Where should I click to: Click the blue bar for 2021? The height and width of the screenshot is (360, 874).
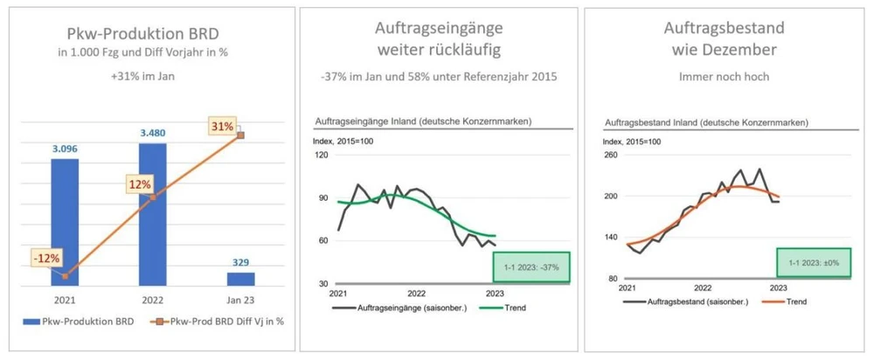click(64, 221)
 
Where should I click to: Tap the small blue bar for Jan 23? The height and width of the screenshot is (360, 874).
click(240, 278)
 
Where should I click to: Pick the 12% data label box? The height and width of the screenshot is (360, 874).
click(139, 184)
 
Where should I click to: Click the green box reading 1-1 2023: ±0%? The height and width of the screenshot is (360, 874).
click(813, 262)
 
